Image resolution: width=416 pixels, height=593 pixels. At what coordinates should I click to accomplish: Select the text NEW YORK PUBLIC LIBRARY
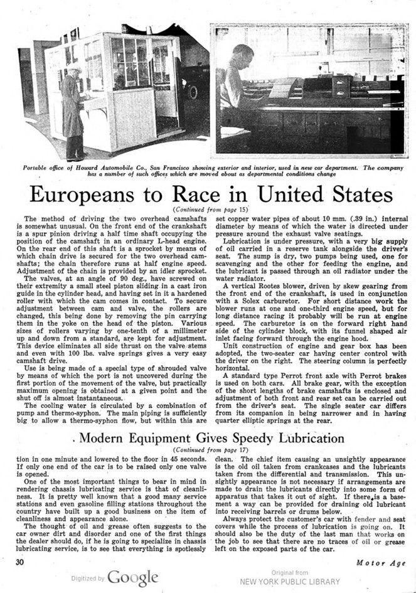tap(292, 581)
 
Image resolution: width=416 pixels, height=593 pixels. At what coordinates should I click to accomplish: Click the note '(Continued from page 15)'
tap(207, 208)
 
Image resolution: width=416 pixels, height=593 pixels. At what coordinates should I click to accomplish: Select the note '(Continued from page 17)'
tap(207, 450)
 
